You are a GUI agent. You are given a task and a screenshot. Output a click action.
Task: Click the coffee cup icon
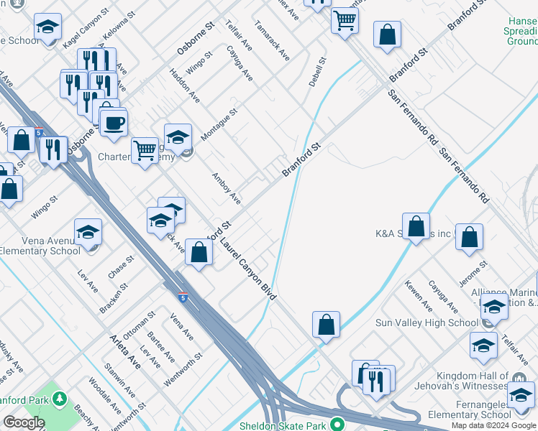pos(114,123)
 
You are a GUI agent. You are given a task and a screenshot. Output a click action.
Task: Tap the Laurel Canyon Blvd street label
pos(249,269)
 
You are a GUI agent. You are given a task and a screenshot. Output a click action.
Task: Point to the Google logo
pos(24,423)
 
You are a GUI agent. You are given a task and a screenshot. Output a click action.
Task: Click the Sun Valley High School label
pos(427,323)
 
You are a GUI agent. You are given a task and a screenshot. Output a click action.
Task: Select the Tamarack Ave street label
pos(272,40)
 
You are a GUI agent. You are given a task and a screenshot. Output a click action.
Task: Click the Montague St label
pos(219,124)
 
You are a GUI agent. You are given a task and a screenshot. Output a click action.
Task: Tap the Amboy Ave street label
pos(226,189)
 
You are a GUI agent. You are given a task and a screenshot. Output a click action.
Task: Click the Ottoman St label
pos(139,325)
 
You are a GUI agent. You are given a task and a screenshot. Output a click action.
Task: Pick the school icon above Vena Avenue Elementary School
pos(88,231)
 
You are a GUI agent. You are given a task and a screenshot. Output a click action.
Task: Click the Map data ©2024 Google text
pos(494,425)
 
